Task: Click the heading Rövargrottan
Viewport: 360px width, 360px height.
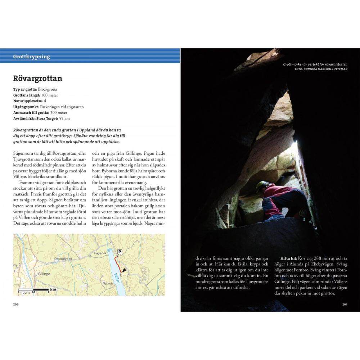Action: [x=37, y=78]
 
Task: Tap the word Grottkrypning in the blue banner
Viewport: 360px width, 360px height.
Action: [x=31, y=57]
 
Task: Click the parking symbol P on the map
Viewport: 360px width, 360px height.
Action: [x=120, y=252]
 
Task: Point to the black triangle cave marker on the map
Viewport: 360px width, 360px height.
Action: [x=124, y=270]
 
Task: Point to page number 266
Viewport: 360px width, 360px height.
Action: [x=16, y=305]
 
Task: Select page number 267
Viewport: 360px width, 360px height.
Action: [x=345, y=305]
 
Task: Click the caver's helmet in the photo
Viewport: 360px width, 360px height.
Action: [x=262, y=185]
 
